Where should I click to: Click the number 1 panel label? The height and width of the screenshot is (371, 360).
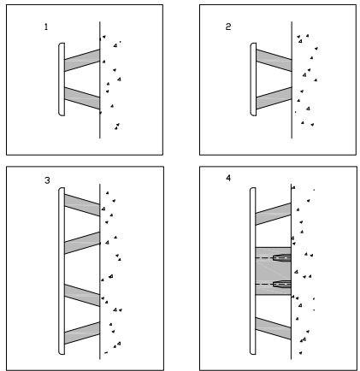coord(46,27)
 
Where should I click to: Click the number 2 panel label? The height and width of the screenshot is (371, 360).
coord(228,26)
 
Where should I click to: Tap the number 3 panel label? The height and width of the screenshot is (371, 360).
coord(47,180)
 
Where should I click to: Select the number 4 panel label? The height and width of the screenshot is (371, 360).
coord(228,178)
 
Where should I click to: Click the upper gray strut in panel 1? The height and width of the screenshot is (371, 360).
coord(82,60)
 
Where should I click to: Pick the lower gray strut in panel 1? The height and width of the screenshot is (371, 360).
coord(82,98)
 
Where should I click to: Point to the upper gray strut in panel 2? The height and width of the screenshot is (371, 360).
coord(274,60)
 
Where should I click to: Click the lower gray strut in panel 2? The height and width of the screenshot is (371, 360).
coord(274,98)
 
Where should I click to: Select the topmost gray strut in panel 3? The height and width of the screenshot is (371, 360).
coord(82,205)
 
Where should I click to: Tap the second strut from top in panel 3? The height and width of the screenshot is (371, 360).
coord(82,243)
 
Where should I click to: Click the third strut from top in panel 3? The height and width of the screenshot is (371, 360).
coord(82,295)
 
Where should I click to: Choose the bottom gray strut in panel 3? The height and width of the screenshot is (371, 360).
coord(82,333)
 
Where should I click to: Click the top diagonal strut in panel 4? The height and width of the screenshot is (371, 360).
coord(274,214)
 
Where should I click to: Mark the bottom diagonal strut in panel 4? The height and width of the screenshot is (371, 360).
coord(274,328)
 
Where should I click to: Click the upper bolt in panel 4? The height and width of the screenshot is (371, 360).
coord(282,258)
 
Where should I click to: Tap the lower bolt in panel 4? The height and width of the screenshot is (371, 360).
coord(282,284)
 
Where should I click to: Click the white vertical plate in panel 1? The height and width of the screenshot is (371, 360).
coord(62,79)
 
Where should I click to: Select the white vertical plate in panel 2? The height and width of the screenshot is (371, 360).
coord(253,79)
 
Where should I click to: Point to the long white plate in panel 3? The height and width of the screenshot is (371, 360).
coord(62,271)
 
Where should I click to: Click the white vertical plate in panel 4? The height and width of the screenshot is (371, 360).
coord(253,271)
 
